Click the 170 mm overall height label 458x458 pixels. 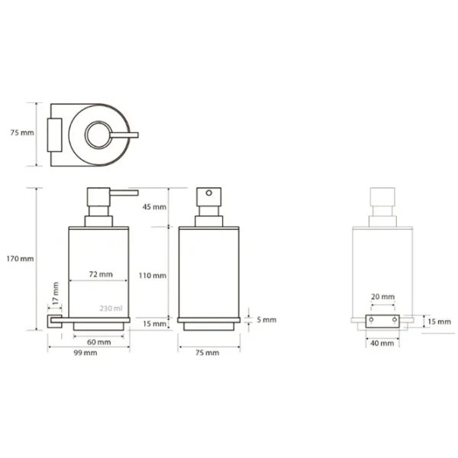point(20,259)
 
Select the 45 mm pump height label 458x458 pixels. point(154,207)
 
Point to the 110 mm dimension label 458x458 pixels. point(153,276)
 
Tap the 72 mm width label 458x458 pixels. point(101,274)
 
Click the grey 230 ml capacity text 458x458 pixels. point(111,308)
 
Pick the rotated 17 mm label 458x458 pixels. point(56,293)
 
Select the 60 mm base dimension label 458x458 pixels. point(98,342)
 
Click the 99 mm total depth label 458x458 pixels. point(85,353)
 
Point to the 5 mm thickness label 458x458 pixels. point(266,320)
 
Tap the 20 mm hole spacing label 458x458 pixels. point(382,297)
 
